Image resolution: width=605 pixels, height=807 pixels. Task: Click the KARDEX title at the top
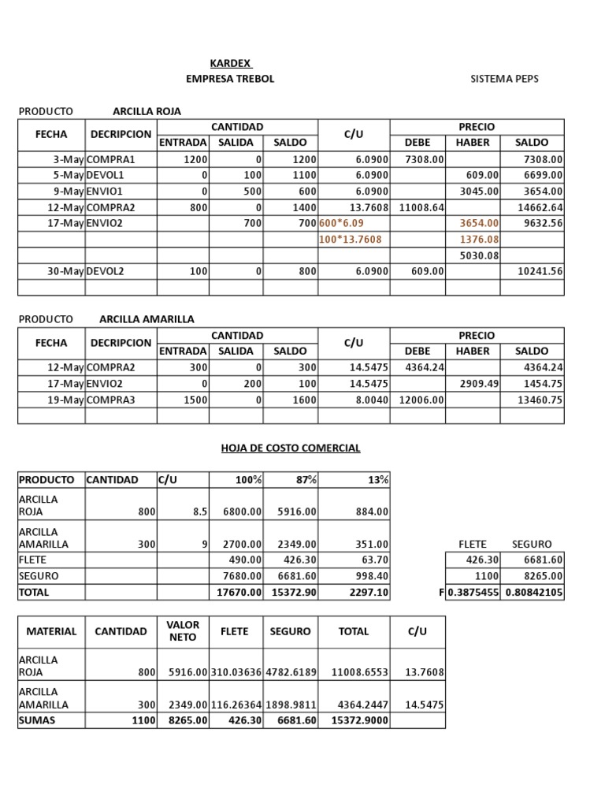coord(231,63)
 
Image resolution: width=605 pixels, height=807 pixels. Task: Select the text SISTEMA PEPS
coord(505,79)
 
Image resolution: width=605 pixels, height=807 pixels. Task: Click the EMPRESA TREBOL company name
coord(230,79)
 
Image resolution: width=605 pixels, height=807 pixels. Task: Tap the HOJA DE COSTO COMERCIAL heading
coord(291,448)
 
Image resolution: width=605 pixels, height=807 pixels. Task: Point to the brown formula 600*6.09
coord(342,223)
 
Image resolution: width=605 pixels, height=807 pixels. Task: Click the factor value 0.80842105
coord(533,592)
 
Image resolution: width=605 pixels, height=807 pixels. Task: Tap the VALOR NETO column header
coord(183,630)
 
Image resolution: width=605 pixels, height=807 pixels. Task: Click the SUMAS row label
coord(37,720)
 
